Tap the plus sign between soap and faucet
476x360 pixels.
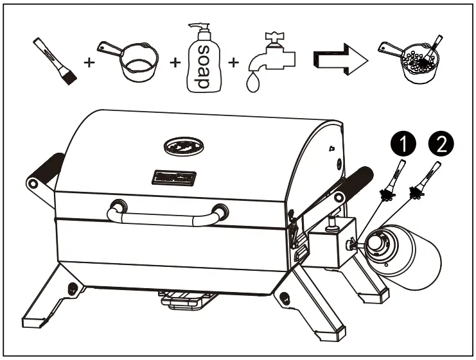pyautogui.click(x=234, y=63)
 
